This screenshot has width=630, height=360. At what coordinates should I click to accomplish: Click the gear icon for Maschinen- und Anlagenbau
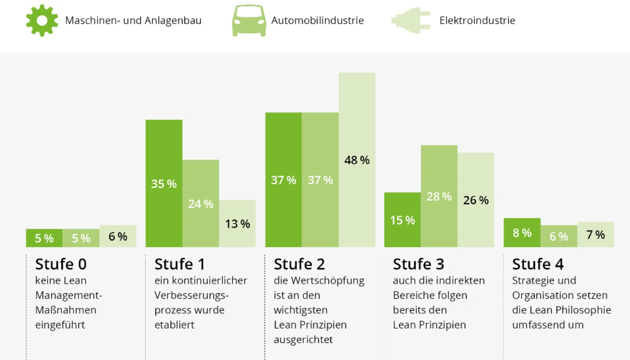coord(42,20)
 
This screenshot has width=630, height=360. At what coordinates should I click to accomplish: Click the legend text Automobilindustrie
coord(317,21)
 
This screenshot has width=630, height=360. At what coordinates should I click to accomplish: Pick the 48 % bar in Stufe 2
coord(357,159)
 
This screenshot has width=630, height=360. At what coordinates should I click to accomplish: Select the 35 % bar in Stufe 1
coord(164,183)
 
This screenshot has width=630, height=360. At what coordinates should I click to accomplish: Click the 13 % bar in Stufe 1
coord(237,223)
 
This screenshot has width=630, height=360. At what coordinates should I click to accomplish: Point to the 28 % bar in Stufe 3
coord(439,196)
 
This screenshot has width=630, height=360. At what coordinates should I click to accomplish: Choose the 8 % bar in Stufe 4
coord(522,232)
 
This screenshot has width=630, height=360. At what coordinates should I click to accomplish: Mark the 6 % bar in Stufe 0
coord(118,236)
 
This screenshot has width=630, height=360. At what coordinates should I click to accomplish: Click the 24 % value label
coord(201,204)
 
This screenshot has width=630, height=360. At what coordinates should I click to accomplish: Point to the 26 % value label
coord(476,200)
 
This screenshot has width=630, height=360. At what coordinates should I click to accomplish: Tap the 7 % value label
coord(596,235)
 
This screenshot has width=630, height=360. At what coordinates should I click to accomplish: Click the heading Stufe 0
coord(61,264)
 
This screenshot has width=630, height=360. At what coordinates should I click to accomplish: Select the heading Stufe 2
coord(299,264)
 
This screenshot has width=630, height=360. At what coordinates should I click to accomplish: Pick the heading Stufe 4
coord(537,264)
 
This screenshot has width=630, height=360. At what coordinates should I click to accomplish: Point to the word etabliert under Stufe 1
coord(174,325)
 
